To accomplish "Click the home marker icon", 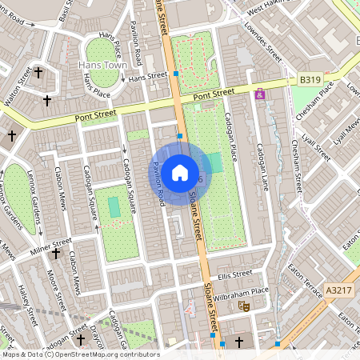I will pos(180,172).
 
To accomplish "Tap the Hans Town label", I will pos(102,64).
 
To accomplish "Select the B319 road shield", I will pos(310,80).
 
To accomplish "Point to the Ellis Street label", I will pos(234,274).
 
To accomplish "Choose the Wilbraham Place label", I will pos(241,294).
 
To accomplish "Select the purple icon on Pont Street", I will pos(259,94).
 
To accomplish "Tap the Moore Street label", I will pos(55,288).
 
